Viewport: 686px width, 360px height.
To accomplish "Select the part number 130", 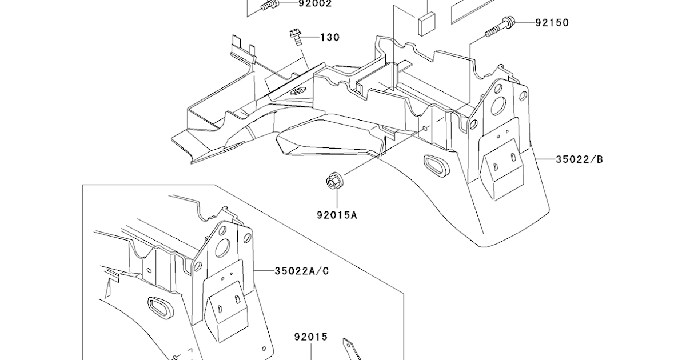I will (329, 37).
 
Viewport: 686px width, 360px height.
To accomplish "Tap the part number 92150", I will (552, 23).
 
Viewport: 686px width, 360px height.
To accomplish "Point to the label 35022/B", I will (579, 159).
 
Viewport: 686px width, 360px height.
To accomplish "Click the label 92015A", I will (337, 215).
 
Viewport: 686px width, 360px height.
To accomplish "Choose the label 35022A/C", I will (302, 270).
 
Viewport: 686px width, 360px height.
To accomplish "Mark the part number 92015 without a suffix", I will (311, 337).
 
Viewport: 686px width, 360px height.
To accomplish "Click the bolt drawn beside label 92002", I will (269, 6).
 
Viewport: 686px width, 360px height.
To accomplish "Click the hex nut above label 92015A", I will (332, 182).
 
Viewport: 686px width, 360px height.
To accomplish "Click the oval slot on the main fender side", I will (435, 165).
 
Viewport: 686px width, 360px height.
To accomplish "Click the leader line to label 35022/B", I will (544, 159).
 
